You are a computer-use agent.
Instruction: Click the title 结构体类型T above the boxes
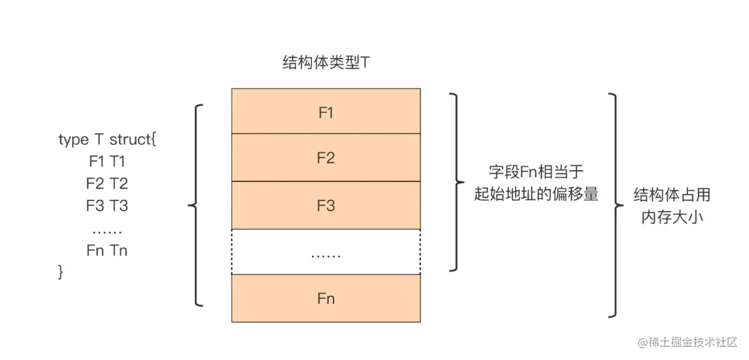(326, 63)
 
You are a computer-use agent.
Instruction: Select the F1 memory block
(326, 112)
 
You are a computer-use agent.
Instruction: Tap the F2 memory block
(326, 158)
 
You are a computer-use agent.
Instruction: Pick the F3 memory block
(326, 206)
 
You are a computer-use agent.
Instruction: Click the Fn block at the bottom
(326, 298)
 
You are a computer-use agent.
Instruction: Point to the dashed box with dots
(326, 252)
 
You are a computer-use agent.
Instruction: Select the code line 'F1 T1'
(107, 161)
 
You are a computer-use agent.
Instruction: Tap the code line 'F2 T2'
(107, 183)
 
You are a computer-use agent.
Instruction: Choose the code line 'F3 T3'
(107, 205)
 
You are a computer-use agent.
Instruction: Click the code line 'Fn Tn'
(107, 250)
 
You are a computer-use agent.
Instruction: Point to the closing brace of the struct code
(61, 272)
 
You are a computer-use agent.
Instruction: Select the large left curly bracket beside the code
(196, 205)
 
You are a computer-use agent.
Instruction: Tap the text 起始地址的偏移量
(536, 194)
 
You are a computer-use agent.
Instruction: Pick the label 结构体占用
(672, 195)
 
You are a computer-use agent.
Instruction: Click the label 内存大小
(672, 218)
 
